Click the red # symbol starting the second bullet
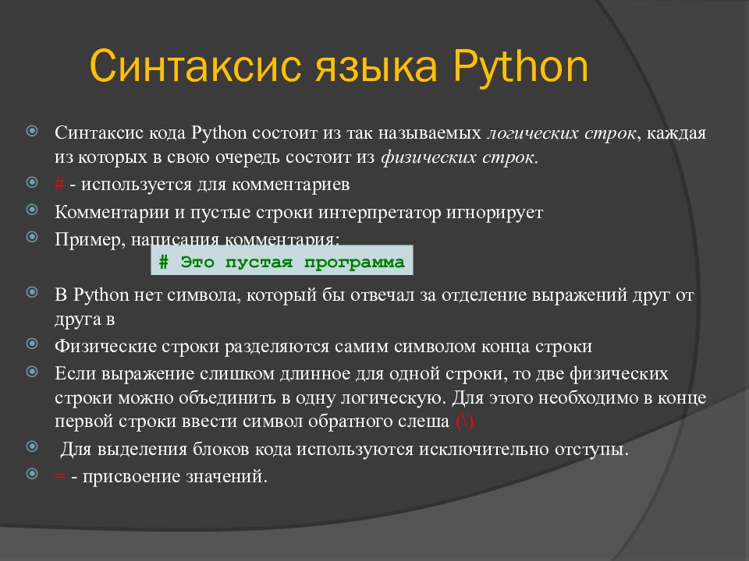click(59, 185)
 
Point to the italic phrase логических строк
click(561, 132)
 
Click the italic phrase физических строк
click(458, 157)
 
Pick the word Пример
click(83, 238)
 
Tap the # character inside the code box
click(164, 262)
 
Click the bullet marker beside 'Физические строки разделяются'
click(32, 345)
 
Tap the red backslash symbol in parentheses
click(463, 422)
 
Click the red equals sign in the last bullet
click(59, 476)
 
